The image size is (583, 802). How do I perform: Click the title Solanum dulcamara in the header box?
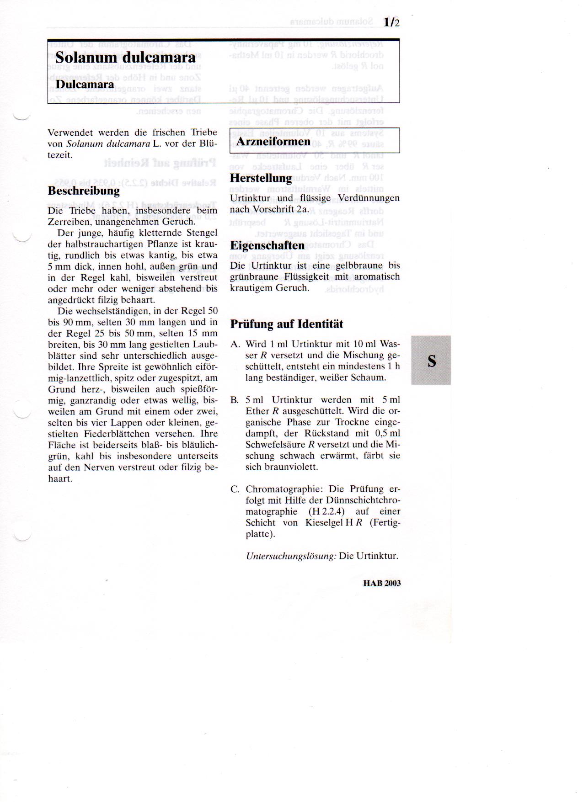point(125,58)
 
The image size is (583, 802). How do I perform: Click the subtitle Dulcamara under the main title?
point(85,85)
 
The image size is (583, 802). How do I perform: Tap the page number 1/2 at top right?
point(391,22)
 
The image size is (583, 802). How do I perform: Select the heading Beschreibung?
point(84,191)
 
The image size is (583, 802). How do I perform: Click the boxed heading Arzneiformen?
point(273,141)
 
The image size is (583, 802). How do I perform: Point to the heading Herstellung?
point(261,178)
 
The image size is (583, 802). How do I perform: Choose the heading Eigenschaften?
point(267,245)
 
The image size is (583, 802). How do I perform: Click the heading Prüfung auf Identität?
point(286,324)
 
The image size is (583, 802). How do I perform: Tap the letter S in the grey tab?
point(431,361)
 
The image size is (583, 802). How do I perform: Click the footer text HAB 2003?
point(382,583)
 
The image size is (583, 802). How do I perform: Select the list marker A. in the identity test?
point(235,344)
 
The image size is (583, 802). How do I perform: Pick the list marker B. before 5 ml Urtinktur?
point(235,400)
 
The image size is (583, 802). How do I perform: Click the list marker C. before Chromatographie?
point(235,489)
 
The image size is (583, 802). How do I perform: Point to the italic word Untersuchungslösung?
point(291,556)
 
